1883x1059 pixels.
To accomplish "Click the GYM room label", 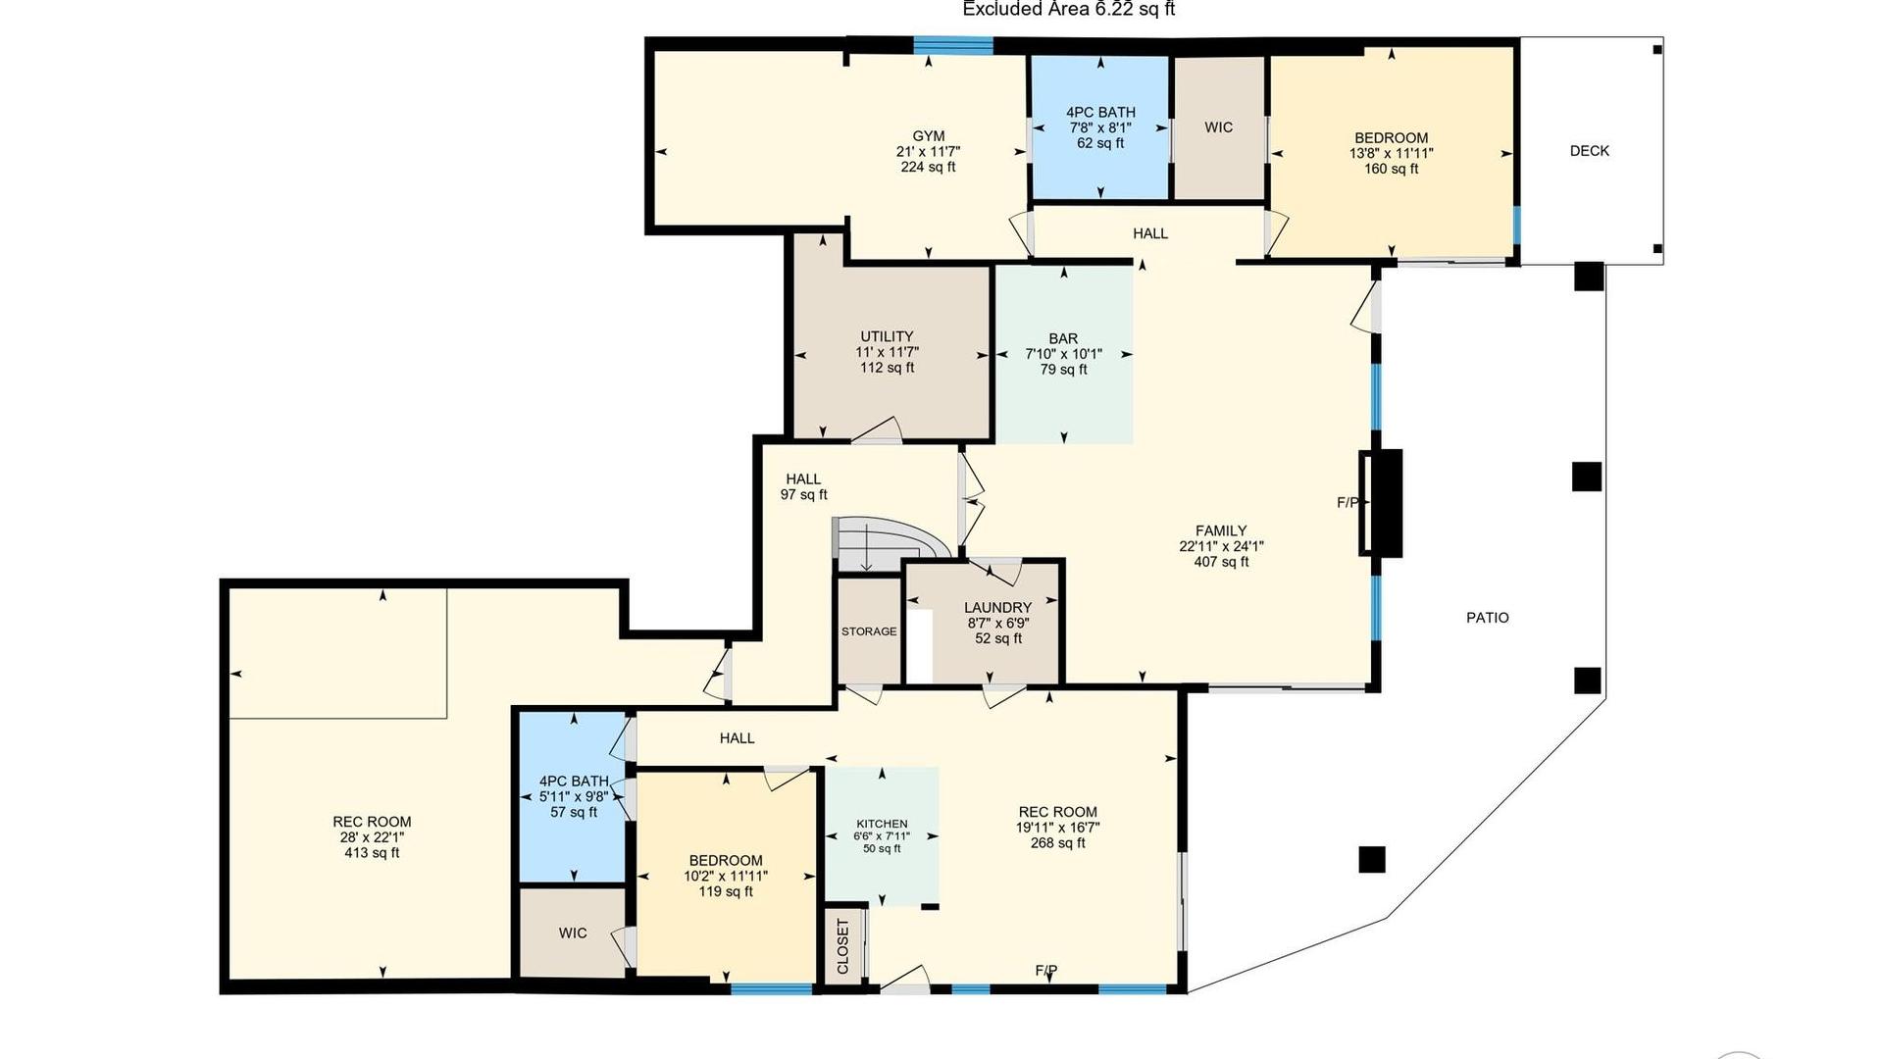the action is pos(929,136).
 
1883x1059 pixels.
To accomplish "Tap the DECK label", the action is pos(1590,151).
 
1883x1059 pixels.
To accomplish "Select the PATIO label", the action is pos(1488,618).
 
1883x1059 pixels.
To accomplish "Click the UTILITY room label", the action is pos(888,336).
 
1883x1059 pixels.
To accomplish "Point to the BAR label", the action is pos(1063,338).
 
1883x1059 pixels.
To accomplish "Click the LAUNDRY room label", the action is pos(997,608).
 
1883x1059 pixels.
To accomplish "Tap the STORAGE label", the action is pos(869,631).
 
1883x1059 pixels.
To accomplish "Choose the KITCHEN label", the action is pos(882,824).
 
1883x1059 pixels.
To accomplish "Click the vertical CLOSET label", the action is pos(843,946).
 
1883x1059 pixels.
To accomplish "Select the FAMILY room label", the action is pos(1221,531).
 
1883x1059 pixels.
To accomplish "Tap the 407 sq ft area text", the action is pos(1221,562).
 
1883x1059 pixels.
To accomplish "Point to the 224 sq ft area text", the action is pos(929,167).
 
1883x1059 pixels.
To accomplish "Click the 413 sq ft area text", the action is pos(372,853).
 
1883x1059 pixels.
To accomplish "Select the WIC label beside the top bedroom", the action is pos(1219,127).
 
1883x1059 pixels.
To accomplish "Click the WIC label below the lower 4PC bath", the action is pos(573,933).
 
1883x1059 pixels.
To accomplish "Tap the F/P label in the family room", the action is pos(1349,503).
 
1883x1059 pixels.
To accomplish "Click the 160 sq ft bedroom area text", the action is pos(1391,169).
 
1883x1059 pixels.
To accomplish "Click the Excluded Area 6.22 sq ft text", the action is pos(1069,10).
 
